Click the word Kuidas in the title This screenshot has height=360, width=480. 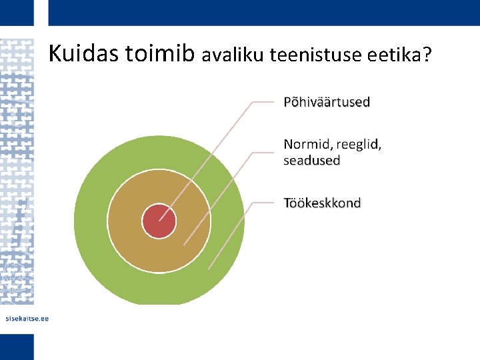pos(84,54)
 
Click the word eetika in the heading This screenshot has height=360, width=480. pos(393,56)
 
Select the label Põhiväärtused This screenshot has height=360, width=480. pos(327,102)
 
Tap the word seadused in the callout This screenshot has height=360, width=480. pos(312,161)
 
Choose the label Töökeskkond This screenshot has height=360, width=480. pos(322,203)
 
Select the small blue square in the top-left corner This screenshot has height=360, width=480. pos(17,13)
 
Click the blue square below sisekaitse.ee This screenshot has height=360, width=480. pos(17,347)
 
